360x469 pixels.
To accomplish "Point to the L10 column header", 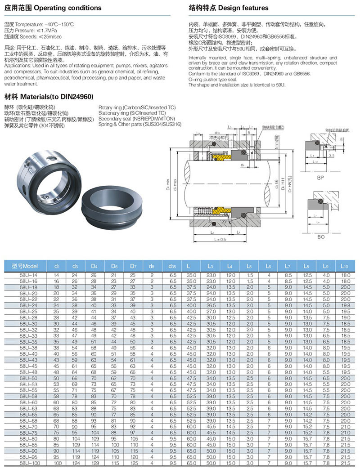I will pos(345,266).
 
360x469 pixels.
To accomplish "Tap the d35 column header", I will pos(172,266).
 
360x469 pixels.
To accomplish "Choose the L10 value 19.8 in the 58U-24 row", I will pos(345,304).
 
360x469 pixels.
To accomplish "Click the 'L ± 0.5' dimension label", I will pos(220,239).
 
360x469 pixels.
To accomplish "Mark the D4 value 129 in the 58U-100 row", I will pos(94,463).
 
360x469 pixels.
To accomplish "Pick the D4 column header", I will pos(94,266).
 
